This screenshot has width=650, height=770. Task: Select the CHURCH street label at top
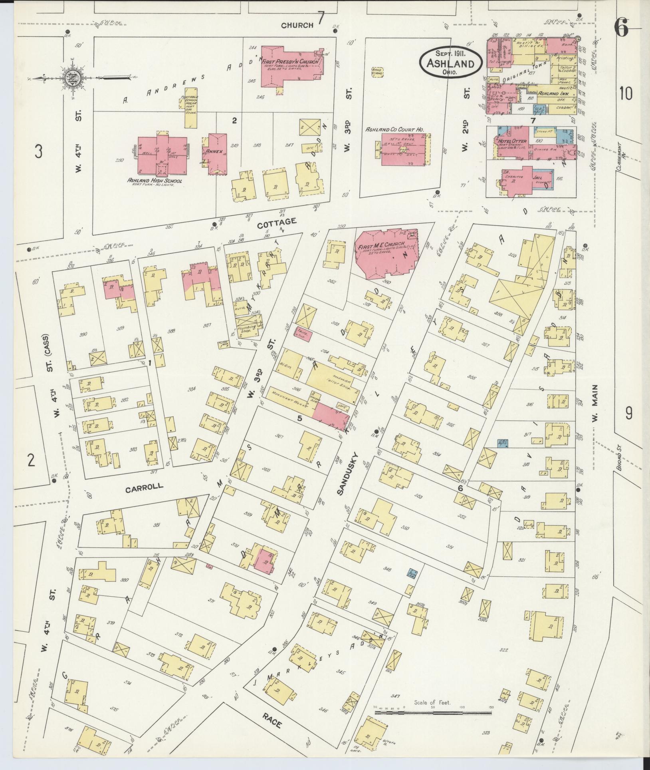point(297,25)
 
